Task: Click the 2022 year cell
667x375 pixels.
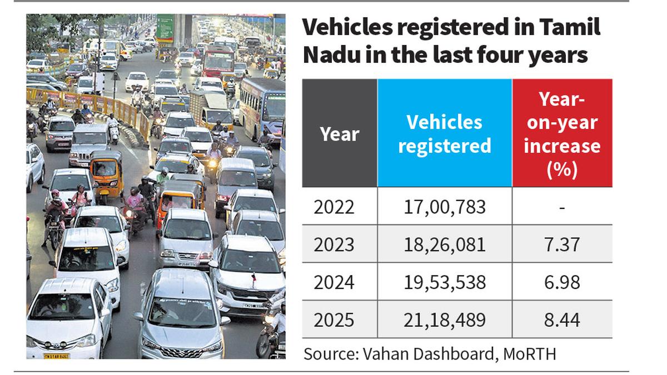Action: point(333,207)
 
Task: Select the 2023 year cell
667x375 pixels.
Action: point(333,244)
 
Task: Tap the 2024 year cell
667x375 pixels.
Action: point(333,282)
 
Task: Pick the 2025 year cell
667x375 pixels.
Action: point(333,320)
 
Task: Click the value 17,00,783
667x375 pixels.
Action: point(445,207)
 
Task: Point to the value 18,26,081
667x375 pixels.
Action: point(445,244)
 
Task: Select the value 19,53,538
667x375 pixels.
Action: point(445,282)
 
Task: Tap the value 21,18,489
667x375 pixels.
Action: point(445,320)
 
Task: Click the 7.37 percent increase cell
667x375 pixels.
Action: point(562,244)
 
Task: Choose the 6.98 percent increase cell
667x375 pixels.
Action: point(562,282)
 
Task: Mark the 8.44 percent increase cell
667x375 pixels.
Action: point(562,320)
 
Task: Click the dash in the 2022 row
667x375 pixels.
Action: point(563,207)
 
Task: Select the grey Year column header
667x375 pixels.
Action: point(340,133)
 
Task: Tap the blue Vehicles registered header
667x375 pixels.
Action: point(445,133)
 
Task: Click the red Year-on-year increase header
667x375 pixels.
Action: point(562,133)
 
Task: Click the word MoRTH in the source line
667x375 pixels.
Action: point(530,353)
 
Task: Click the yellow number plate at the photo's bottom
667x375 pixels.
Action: point(56,356)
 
